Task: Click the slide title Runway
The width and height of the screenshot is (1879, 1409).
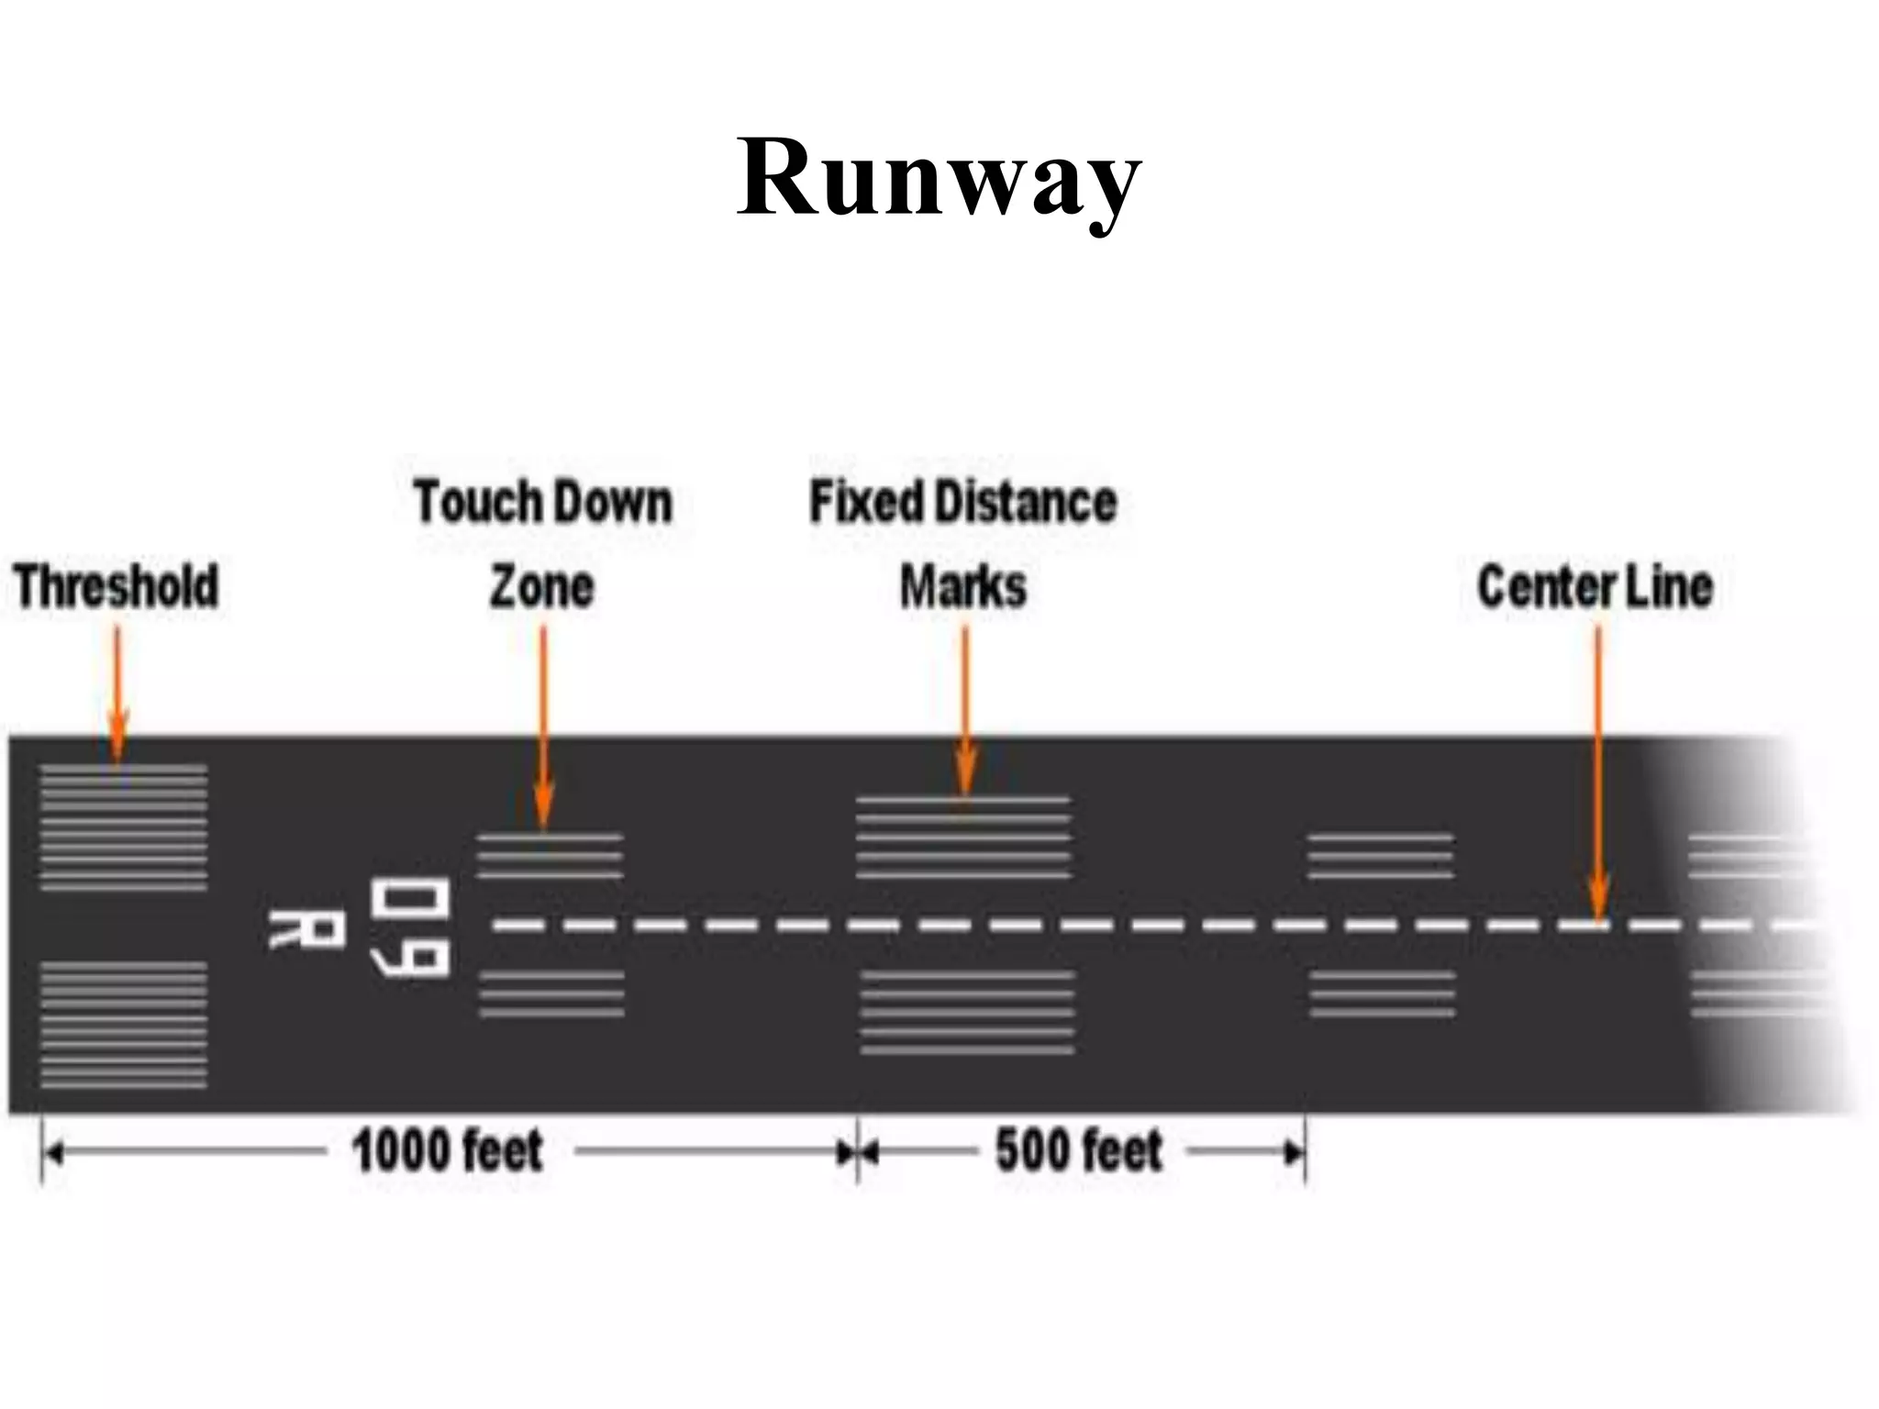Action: click(x=939, y=176)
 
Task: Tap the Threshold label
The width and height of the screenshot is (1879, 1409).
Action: click(x=117, y=587)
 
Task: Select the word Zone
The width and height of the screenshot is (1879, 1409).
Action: click(x=541, y=587)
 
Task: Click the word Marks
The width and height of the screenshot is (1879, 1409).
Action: click(x=962, y=587)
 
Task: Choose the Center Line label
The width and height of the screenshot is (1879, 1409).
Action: click(x=1595, y=587)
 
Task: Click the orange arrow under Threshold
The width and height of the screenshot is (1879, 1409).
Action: click(x=117, y=697)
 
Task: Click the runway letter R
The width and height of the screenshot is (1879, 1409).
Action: click(x=306, y=929)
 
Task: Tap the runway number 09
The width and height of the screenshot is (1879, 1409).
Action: click(x=410, y=928)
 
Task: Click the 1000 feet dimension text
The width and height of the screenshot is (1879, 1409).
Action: click(x=448, y=1151)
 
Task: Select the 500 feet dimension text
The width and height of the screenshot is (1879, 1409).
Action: click(x=1079, y=1151)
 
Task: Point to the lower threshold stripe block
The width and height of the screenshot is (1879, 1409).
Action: click(x=123, y=1025)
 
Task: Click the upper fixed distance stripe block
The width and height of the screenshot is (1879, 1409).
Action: click(x=962, y=838)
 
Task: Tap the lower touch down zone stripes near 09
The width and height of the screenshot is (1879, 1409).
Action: click(x=550, y=994)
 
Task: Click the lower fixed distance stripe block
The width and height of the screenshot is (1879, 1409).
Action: click(x=966, y=1012)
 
